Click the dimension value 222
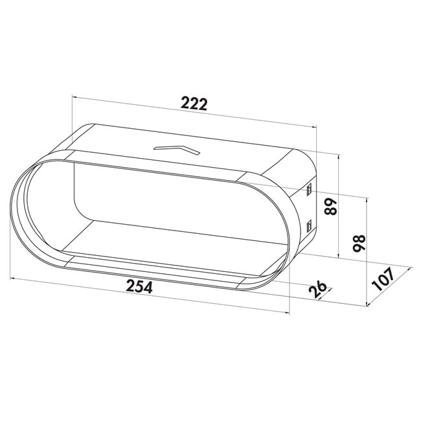click(x=194, y=103)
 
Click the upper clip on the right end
click(x=309, y=190)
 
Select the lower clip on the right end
click(x=309, y=227)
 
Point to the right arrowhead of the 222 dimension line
click(x=315, y=128)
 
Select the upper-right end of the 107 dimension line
click(x=413, y=267)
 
